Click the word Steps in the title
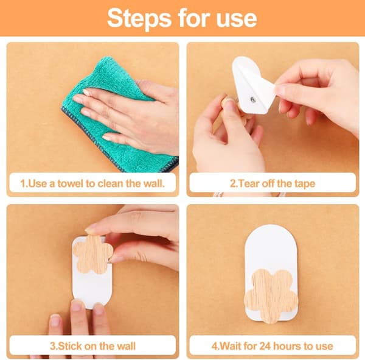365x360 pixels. click(x=139, y=19)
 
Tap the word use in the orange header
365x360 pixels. click(x=237, y=19)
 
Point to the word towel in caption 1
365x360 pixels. click(x=71, y=183)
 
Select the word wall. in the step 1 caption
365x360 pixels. click(x=154, y=183)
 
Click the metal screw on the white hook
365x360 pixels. click(x=253, y=100)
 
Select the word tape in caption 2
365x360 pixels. click(x=305, y=184)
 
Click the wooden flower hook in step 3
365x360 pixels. click(x=92, y=254)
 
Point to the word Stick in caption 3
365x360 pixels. click(x=69, y=346)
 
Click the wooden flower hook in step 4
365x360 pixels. click(x=271, y=295)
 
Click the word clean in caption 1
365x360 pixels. click(x=111, y=183)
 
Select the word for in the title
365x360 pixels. click(x=194, y=19)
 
